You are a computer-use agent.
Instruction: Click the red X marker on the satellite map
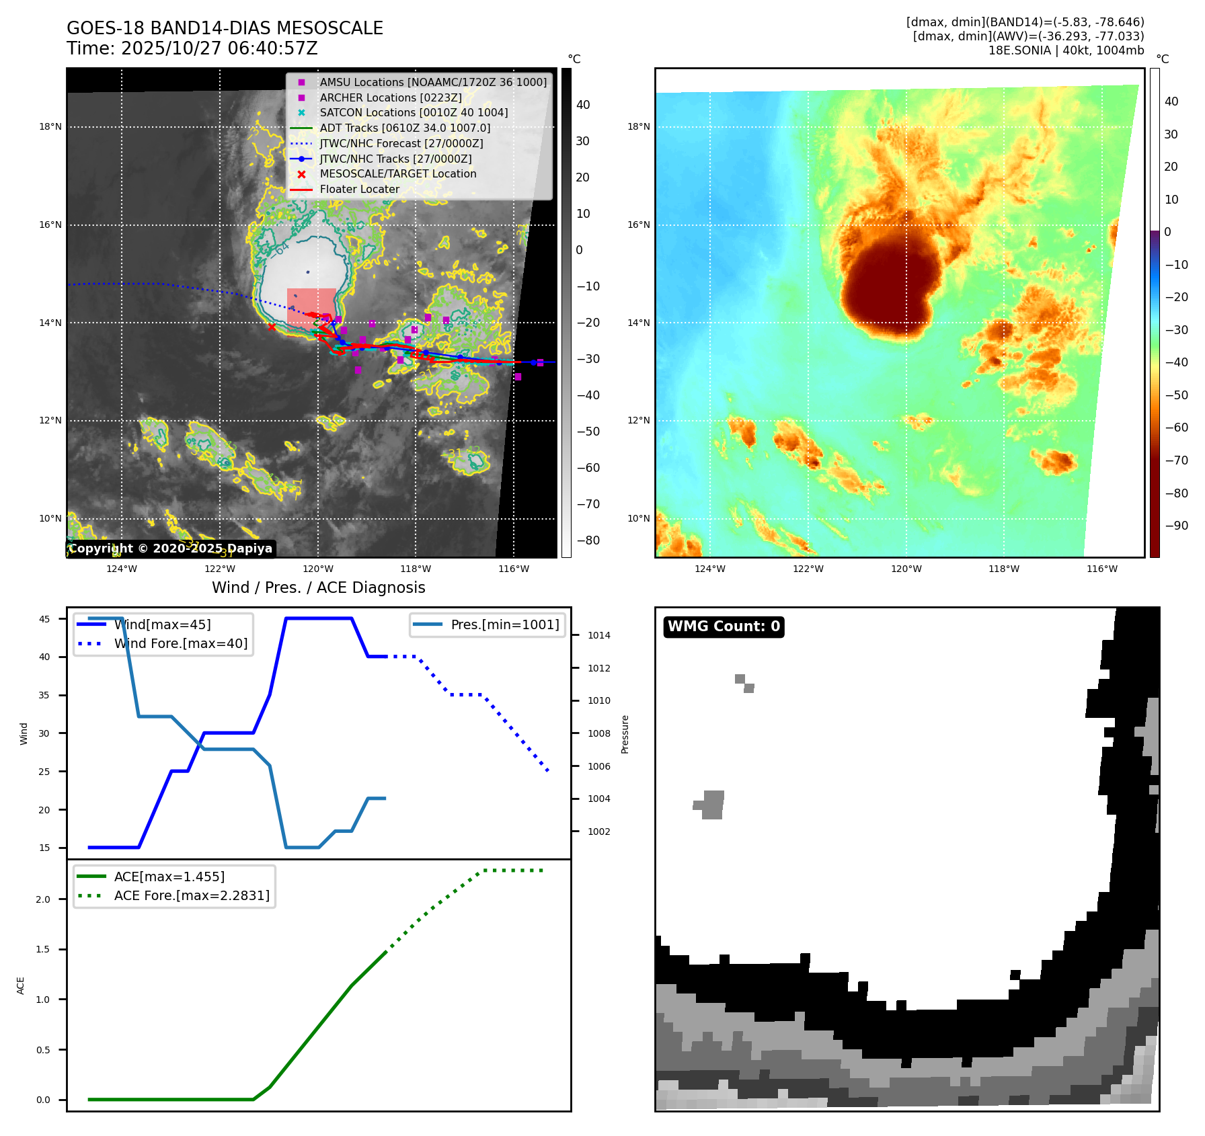tap(272, 327)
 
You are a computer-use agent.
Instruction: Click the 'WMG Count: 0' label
tap(724, 626)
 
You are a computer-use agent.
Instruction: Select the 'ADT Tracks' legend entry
tap(405, 128)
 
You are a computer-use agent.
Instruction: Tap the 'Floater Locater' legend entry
tap(359, 189)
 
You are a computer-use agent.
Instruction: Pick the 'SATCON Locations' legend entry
tap(414, 112)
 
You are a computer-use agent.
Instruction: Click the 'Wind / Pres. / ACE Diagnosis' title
tap(318, 587)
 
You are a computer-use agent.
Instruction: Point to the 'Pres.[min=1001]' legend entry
tap(504, 624)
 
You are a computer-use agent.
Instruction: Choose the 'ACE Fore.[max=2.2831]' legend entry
tap(192, 895)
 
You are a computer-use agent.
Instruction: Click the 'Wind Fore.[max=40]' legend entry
tap(180, 643)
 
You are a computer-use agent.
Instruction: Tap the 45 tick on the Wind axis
tap(44, 619)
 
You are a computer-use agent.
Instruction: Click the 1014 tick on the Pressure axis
tap(599, 635)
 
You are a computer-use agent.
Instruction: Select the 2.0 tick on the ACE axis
tap(43, 899)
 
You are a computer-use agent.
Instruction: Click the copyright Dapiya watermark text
tap(171, 549)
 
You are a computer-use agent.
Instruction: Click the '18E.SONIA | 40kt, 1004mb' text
tap(1066, 50)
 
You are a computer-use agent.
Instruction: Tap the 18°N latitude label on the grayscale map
tap(50, 126)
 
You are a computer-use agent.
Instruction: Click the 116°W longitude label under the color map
tap(1102, 569)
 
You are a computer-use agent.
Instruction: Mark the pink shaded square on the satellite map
tap(311, 307)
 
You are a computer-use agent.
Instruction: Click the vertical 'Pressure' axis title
tap(625, 734)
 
